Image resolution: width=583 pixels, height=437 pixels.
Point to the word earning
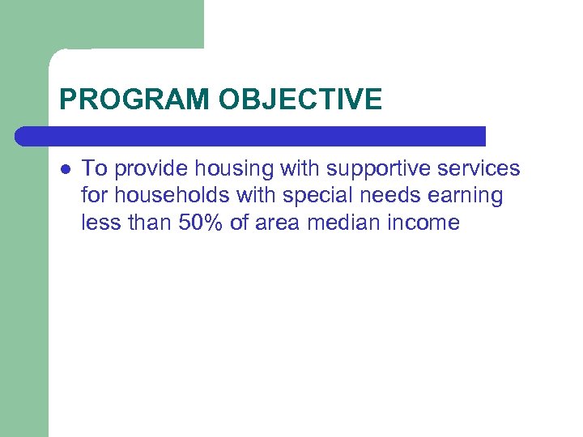[x=470, y=197]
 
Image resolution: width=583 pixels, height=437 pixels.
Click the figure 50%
[x=197, y=223]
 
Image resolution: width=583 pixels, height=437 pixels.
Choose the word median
[x=345, y=223]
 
